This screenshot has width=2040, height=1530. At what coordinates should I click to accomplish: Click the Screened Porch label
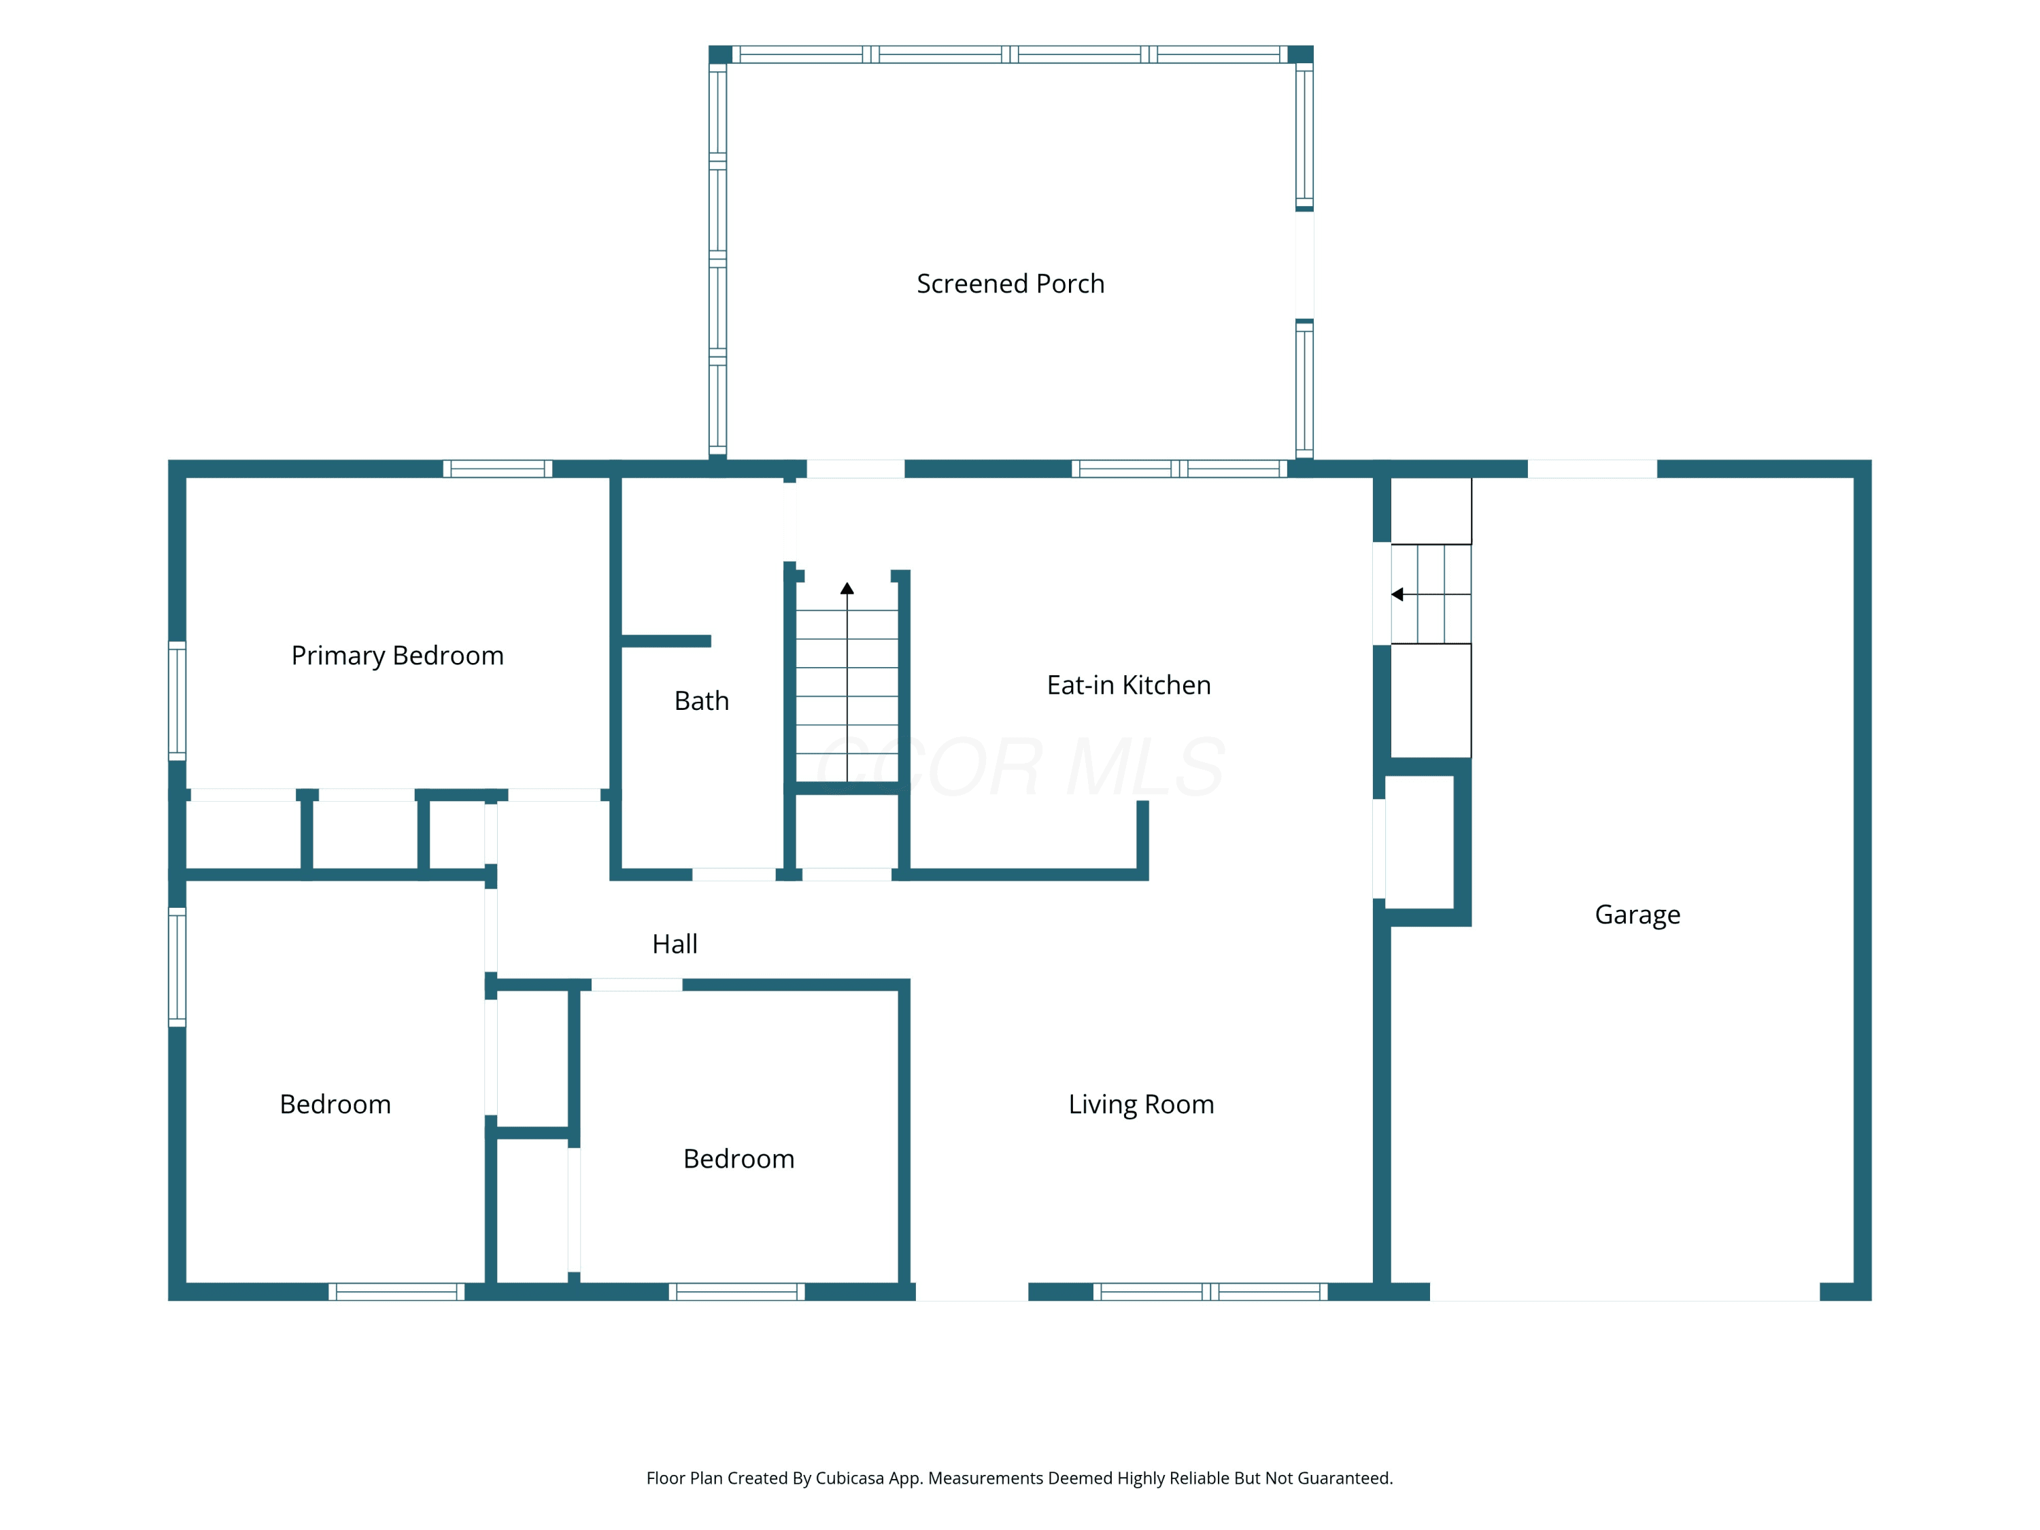[x=1010, y=284]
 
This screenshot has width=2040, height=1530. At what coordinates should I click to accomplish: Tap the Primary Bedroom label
[x=398, y=656]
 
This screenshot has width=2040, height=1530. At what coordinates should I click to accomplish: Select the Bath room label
[x=702, y=701]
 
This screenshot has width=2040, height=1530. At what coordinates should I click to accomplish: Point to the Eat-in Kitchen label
[x=1129, y=685]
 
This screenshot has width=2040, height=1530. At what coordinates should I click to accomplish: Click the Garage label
[x=1638, y=915]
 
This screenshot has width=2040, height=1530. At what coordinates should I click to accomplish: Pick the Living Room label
[x=1141, y=1105]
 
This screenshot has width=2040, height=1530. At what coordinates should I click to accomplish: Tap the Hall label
[x=675, y=945]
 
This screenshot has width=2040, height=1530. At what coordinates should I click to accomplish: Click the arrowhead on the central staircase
[x=847, y=588]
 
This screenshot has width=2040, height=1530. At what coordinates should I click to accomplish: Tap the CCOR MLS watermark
[x=1021, y=767]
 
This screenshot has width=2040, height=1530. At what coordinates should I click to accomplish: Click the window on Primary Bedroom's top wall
[x=498, y=469]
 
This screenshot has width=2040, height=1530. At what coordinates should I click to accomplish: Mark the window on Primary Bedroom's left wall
[x=177, y=701]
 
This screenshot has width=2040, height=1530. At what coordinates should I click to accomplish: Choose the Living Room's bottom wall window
[x=1210, y=1292]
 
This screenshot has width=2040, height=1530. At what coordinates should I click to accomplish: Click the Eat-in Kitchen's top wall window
[x=1180, y=469]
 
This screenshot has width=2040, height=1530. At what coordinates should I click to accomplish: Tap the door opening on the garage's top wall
[x=1593, y=469]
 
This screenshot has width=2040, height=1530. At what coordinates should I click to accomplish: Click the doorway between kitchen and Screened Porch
[x=856, y=469]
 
